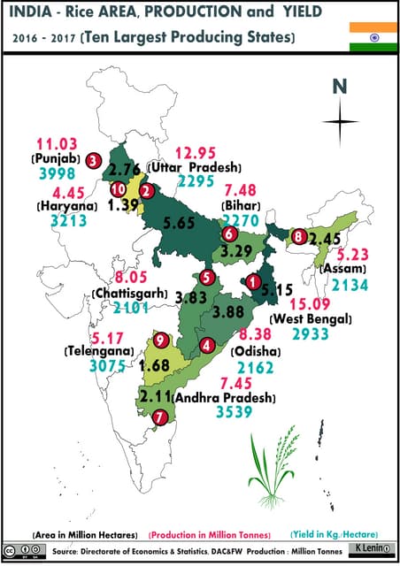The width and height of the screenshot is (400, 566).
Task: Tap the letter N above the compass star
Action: click(339, 87)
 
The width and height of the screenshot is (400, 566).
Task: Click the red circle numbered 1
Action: click(254, 282)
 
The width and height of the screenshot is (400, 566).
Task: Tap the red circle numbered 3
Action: click(93, 160)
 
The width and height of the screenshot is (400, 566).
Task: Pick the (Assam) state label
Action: click(341, 268)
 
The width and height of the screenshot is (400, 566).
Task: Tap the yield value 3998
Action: click(57, 174)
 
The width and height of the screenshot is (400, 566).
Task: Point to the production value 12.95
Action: click(196, 152)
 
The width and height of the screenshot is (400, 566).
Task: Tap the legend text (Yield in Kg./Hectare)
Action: click(335, 535)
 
